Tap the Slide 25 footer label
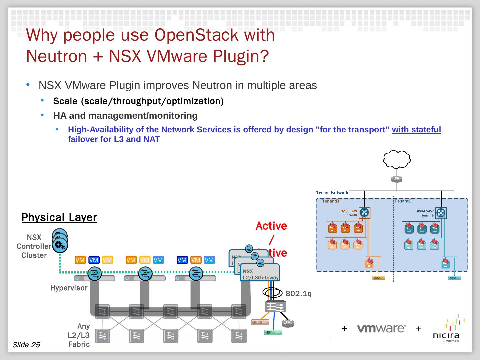coord(26,345)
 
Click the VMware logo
coord(381,329)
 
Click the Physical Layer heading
coord(59,217)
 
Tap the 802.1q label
coord(298,294)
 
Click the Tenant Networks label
coord(333,193)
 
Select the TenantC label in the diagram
coord(403,201)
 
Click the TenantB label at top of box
coord(330,201)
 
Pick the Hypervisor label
coord(69,288)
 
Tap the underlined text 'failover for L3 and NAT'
coord(114,139)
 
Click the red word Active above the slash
coord(271,226)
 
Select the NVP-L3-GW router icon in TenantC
coord(441,213)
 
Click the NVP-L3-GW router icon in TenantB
coord(364,213)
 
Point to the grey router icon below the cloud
coord(397,179)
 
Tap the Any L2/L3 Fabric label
coord(79,335)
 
